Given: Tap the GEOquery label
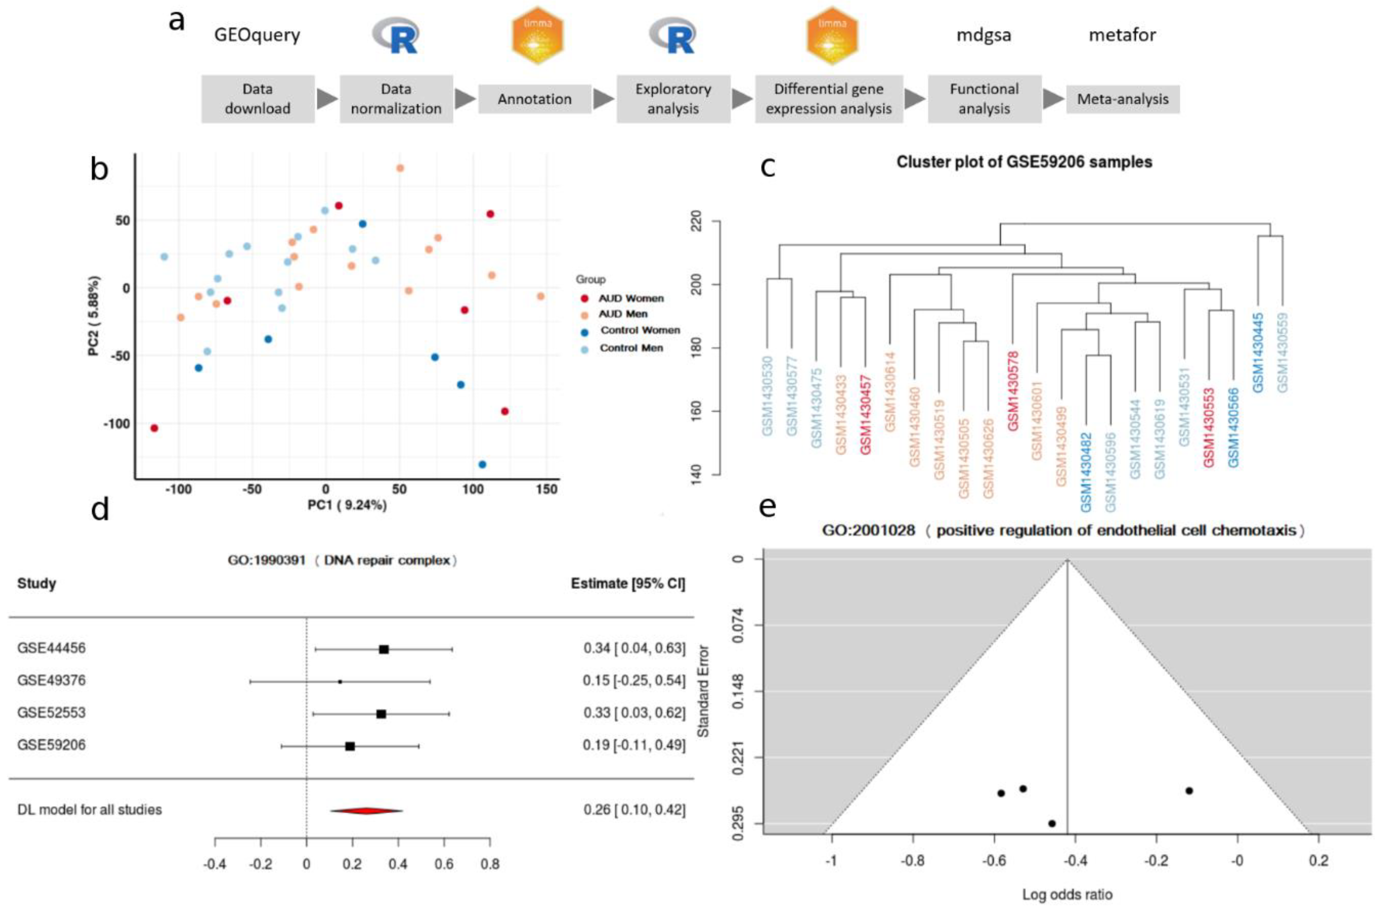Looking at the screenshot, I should pyautogui.click(x=257, y=35).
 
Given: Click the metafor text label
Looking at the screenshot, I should pyautogui.click(x=1122, y=35).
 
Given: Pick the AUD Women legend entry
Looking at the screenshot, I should pyautogui.click(x=630, y=298).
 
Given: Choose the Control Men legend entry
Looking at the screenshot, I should pyautogui.click(x=630, y=348).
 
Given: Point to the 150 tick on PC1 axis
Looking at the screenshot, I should pyautogui.click(x=546, y=489).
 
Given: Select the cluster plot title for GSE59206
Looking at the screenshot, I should pyautogui.click(x=1024, y=162).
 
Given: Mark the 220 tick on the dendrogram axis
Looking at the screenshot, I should pyautogui.click(x=696, y=222).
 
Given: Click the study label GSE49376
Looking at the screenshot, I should pyautogui.click(x=51, y=680).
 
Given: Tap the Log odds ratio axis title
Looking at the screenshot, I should pyautogui.click(x=1067, y=894).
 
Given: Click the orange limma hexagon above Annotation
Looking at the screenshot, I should pyautogui.click(x=537, y=35).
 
